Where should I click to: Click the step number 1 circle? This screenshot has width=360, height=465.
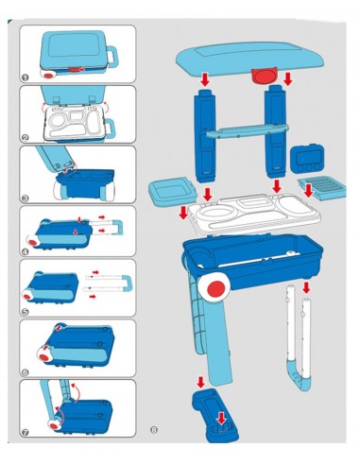[x=26, y=77]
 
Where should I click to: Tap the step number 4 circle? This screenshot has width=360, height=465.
[x=26, y=251]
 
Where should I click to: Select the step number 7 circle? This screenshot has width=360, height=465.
[x=25, y=433]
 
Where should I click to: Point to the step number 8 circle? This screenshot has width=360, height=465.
[x=154, y=429]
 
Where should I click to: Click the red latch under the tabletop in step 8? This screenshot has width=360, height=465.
[x=264, y=76]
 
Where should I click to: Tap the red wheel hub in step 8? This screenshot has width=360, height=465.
[x=216, y=288]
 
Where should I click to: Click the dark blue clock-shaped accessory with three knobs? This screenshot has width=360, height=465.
[x=307, y=159]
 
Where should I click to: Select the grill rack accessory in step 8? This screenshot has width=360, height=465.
[x=323, y=188]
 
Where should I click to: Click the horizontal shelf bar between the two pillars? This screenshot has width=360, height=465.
[x=248, y=130]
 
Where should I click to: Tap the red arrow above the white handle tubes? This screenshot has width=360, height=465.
[x=306, y=287]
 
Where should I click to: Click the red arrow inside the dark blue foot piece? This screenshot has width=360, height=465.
[x=222, y=419]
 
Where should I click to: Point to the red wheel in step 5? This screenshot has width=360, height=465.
[x=27, y=297]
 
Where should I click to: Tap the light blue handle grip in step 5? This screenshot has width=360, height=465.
[x=128, y=283]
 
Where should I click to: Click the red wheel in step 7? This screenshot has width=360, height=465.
[x=54, y=425]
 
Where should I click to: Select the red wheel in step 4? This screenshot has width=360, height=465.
[x=32, y=243]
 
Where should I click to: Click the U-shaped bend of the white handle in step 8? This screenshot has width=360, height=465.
[x=299, y=378]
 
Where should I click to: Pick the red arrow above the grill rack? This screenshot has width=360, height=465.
[x=309, y=190]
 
